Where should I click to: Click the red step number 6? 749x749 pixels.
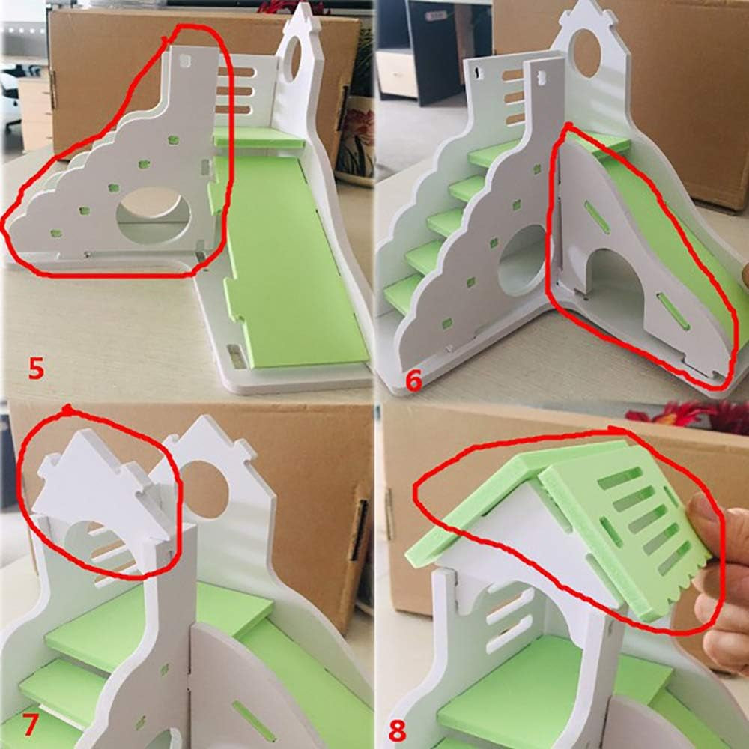pyautogui.click(x=413, y=380)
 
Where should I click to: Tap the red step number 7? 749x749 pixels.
pyautogui.click(x=30, y=725)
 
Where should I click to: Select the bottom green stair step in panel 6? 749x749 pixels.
pyautogui.click(x=404, y=292)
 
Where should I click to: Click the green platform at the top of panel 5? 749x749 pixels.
pyautogui.click(x=258, y=137)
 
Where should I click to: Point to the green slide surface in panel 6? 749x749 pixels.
pyautogui.click(x=674, y=240)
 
